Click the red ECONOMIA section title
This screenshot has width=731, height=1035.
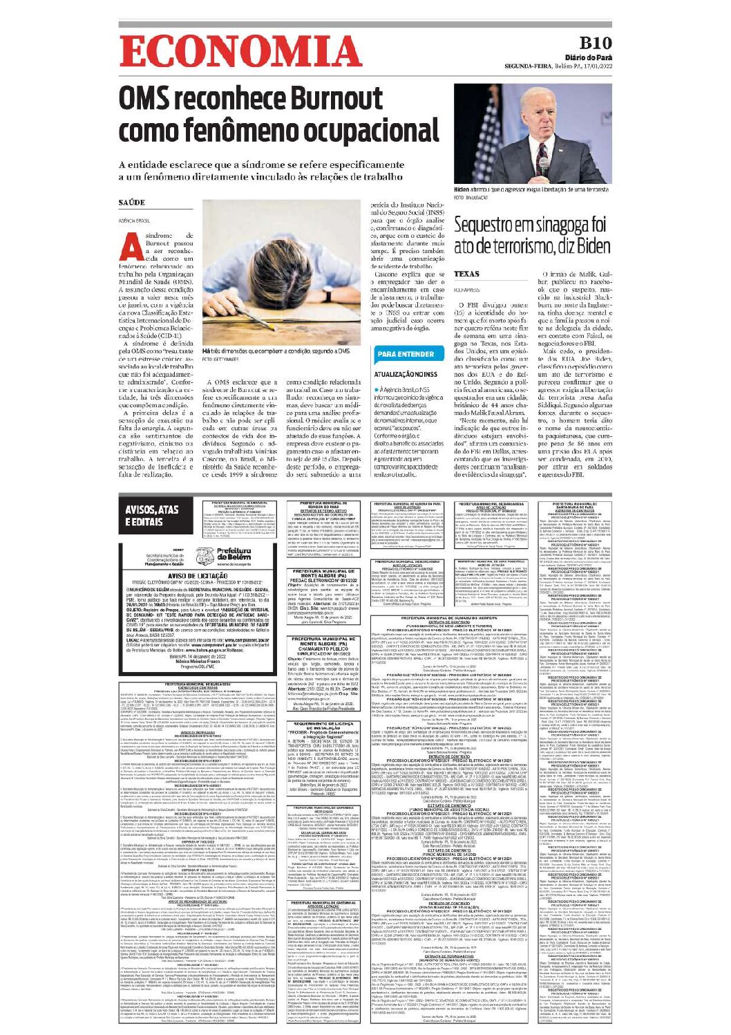click(240, 52)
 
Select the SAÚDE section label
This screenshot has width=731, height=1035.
click(132, 203)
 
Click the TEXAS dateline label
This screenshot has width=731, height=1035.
click(467, 274)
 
